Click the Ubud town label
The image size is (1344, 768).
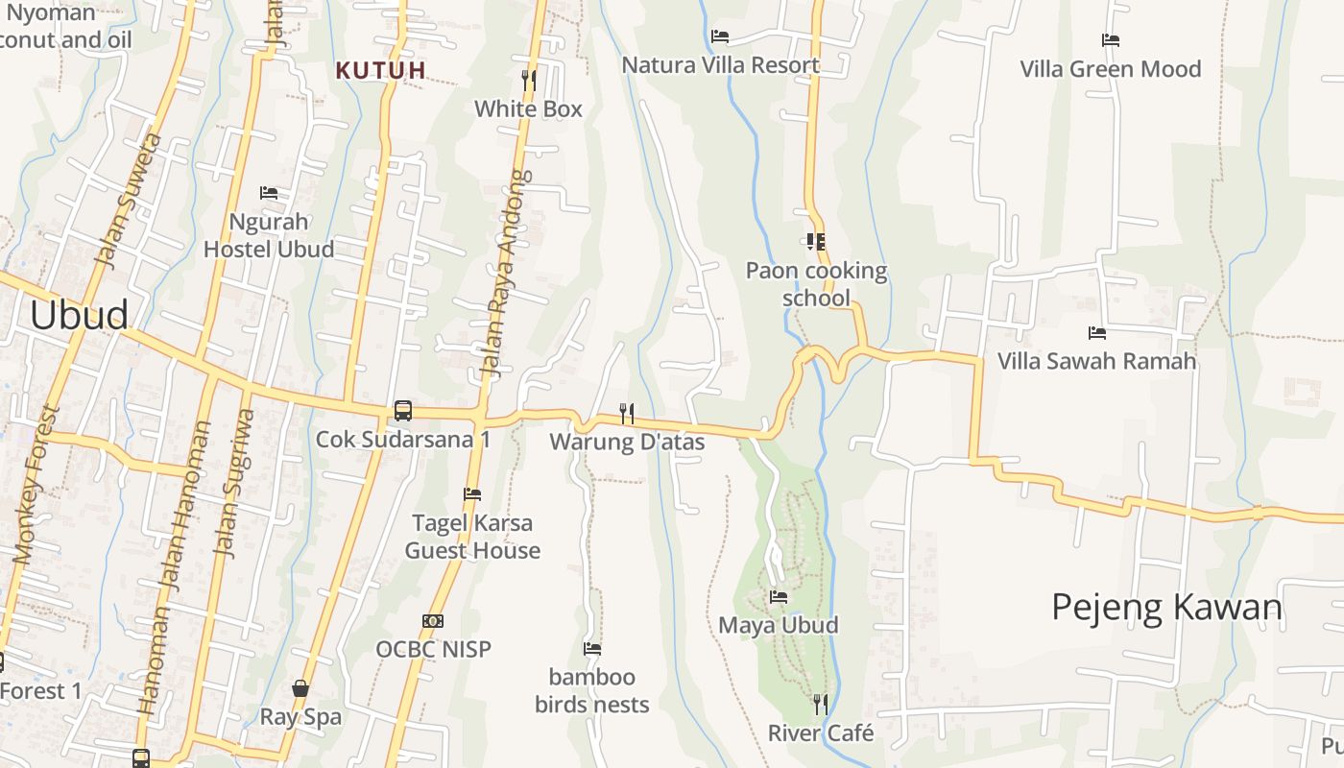point(79,315)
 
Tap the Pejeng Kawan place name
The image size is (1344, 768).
point(1166,607)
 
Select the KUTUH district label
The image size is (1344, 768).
point(381,70)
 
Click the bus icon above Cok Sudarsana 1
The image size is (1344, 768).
point(403,411)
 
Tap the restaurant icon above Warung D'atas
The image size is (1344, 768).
point(627,413)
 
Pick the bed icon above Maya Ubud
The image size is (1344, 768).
point(779,597)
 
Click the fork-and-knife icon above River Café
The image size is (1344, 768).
point(820,705)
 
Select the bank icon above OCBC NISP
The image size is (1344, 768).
point(433,621)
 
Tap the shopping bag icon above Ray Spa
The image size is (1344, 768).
point(300,688)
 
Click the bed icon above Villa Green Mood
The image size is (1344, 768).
point(1111,40)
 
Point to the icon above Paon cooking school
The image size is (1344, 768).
point(816,242)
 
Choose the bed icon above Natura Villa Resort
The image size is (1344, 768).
point(720,36)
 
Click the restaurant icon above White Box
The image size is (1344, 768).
point(528,79)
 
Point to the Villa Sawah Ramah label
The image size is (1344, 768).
point(1096,361)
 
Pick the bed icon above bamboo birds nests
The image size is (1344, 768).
point(592,649)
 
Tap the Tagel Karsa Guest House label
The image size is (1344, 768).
point(472,537)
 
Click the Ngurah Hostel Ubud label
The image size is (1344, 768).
point(269,235)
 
